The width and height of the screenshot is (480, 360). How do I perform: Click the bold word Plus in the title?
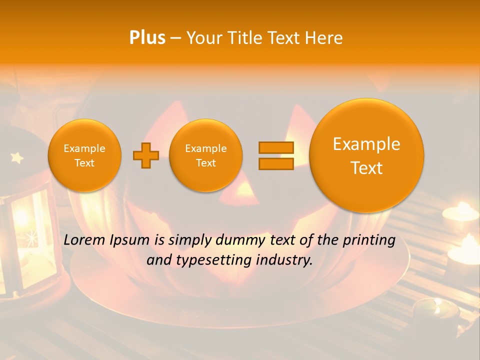tap(147, 37)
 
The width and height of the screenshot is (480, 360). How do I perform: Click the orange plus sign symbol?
tap(146, 155)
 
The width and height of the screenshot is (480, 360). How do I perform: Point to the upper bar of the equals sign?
tap(275, 147)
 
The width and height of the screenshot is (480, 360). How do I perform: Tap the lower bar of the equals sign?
tap(275, 163)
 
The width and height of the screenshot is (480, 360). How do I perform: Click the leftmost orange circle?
tap(84, 155)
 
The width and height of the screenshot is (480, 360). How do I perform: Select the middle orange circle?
tap(206, 155)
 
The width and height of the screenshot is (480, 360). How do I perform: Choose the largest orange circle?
tap(366, 155)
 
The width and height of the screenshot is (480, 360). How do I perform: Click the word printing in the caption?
tap(368, 240)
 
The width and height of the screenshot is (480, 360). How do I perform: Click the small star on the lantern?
tap(17, 158)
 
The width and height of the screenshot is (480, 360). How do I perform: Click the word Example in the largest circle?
tap(366, 144)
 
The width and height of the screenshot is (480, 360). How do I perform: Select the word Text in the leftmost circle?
tap(84, 163)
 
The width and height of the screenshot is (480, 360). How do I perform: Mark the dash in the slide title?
tap(175, 38)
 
